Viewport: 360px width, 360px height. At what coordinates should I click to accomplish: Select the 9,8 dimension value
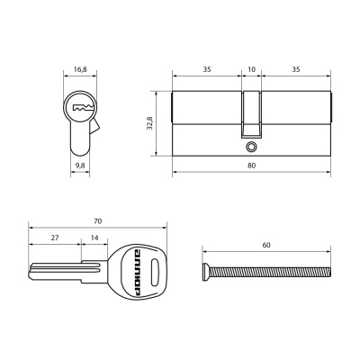pos(79,166)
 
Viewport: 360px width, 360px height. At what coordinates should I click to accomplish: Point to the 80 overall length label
pos(251,166)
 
